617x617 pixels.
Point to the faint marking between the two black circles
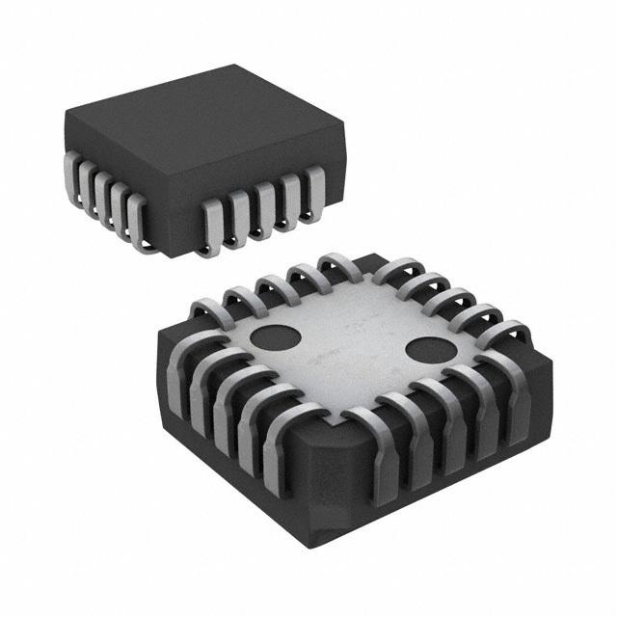pos(352,340)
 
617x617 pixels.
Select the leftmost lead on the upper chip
pos(72,178)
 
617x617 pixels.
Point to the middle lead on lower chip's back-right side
pos(443,298)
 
